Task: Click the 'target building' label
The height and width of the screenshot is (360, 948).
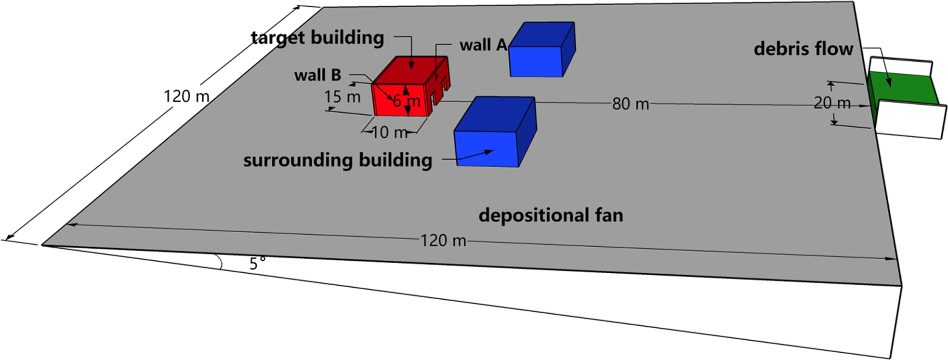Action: tap(317, 38)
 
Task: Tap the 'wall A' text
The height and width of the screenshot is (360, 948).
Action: tap(483, 45)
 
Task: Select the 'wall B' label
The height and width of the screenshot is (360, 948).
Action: tap(317, 75)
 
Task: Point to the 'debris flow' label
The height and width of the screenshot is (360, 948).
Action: tap(803, 49)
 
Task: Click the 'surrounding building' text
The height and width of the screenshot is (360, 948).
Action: tap(337, 160)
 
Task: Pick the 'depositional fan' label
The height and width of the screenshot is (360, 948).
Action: tap(551, 215)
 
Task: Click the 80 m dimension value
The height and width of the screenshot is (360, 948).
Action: tap(630, 104)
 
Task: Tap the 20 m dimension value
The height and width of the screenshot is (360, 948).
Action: tap(832, 103)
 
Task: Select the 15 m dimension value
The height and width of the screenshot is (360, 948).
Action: tap(342, 97)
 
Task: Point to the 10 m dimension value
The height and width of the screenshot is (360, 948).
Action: tap(390, 133)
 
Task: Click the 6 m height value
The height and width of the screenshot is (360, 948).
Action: tap(407, 101)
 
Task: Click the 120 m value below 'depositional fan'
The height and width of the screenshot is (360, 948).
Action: tap(443, 240)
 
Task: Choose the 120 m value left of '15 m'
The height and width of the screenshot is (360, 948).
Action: tap(186, 96)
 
